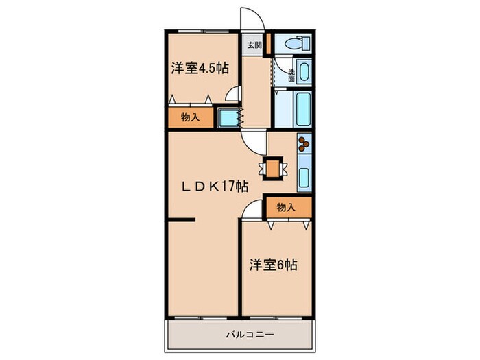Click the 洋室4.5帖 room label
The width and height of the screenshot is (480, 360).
click(200, 68)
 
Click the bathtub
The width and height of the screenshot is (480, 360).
click(302, 109)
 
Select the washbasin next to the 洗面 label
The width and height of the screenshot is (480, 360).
click(304, 71)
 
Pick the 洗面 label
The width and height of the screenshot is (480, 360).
click(291, 75)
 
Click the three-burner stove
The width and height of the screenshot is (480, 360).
click(304, 145)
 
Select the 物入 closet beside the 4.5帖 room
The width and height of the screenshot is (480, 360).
click(190, 117)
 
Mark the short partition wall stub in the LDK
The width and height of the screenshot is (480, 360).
click(182, 220)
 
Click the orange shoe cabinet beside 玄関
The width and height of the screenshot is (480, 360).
click(269, 45)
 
